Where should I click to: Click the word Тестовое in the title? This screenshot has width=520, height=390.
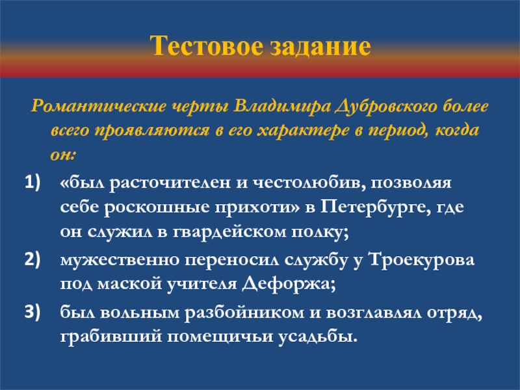206,45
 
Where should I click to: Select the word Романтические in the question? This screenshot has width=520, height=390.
99,106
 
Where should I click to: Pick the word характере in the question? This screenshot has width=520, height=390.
303,131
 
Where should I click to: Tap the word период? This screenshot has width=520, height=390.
397,131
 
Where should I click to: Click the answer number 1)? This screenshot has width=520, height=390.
32,182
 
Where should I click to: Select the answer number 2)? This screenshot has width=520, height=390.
32,259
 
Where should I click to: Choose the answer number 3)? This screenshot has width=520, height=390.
32,311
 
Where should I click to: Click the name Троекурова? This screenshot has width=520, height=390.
421,259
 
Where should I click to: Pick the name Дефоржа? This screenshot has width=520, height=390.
289,284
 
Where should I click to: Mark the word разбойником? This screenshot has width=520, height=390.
244,313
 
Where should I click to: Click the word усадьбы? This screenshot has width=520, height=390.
318,337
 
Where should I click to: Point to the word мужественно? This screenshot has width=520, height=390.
120,259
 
